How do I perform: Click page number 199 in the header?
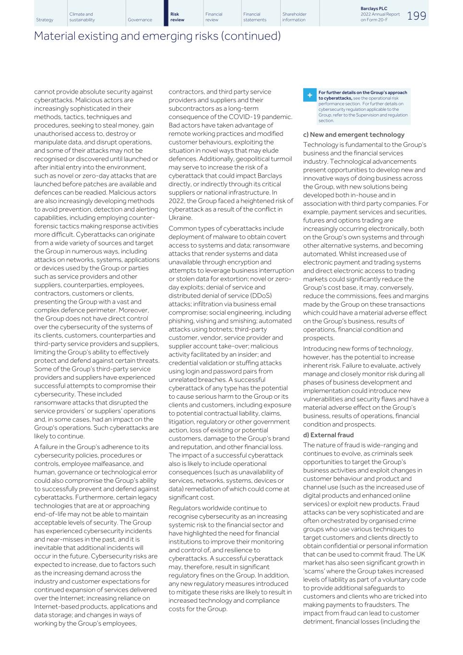pyautogui.click(x=416, y=16)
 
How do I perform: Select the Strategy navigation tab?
pyautogui.click(x=45, y=20)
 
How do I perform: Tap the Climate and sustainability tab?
pyautogui.click(x=82, y=17)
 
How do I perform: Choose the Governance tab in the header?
pyautogui.click(x=140, y=20)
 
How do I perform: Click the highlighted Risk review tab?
pyautogui.click(x=177, y=17)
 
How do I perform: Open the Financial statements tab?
pyautogui.click(x=254, y=17)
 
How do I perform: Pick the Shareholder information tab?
pyautogui.click(x=294, y=17)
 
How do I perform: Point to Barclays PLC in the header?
pyautogui.click(x=374, y=9)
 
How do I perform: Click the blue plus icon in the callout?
pyautogui.click(x=309, y=95)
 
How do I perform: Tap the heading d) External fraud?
pyautogui.click(x=328, y=435)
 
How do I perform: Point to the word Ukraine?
pyautogui.click(x=180, y=218)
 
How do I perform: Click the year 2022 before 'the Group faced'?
pyautogui.click(x=177, y=201)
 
